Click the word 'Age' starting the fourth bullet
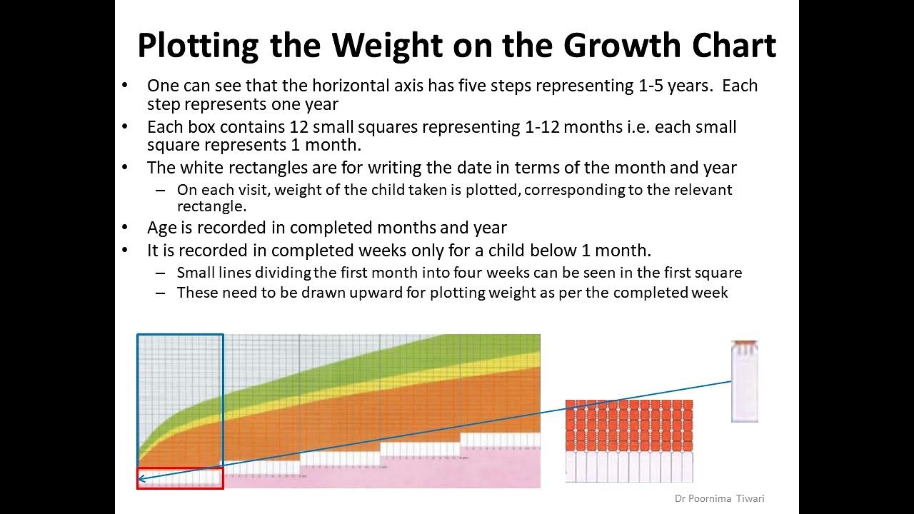point(161,228)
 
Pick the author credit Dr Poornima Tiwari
point(719,498)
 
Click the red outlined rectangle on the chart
point(180,478)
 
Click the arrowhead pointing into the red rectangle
point(141,478)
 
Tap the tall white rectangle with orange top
point(744,382)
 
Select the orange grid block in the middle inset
point(629,425)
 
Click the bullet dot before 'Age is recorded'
point(126,228)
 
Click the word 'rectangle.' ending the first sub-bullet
point(211,207)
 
